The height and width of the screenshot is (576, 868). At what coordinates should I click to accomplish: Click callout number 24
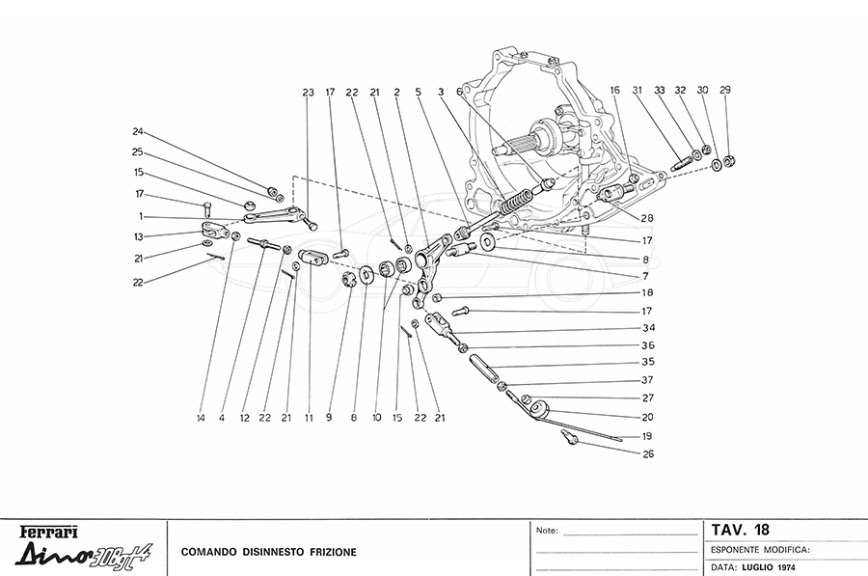tap(138, 131)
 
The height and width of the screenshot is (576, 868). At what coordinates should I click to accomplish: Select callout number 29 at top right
tap(725, 90)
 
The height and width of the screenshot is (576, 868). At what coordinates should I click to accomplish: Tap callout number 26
tap(648, 453)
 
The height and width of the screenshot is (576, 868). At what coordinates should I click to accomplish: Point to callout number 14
tap(201, 418)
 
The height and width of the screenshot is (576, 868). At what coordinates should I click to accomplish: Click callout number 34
tap(649, 327)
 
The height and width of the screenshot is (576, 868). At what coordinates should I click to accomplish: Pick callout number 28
tap(647, 218)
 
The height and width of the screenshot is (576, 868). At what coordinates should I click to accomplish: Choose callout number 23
tap(308, 92)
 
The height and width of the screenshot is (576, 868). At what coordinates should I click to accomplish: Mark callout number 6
tap(459, 92)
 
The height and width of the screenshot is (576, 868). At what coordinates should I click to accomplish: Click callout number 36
tap(648, 345)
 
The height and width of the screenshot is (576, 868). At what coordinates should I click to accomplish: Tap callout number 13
tap(138, 236)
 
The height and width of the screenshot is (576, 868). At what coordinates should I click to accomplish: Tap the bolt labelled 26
tap(569, 436)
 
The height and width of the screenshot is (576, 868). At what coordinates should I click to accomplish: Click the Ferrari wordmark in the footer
tap(49, 533)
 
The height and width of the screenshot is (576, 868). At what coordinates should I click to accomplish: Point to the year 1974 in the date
tap(786, 567)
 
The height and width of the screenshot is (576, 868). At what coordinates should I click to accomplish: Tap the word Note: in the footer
tap(547, 531)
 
